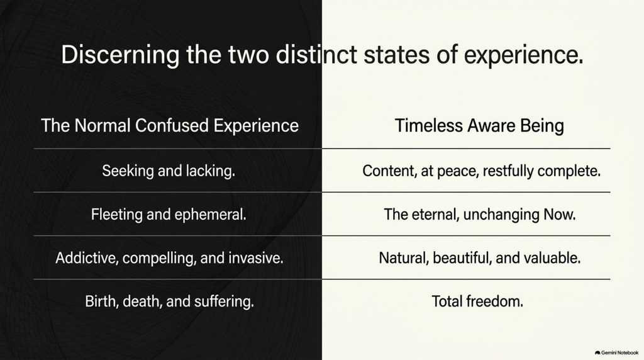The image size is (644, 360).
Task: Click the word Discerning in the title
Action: pos(120,55)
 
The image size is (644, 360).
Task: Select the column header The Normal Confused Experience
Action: pos(170,125)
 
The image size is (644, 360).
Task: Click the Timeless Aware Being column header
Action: pos(479,126)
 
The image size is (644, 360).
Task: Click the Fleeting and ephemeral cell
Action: pos(169,215)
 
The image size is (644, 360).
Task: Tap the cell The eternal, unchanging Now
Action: pos(480,215)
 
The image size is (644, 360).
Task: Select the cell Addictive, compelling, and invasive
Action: pos(170,258)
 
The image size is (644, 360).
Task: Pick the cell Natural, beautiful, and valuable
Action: pos(480,258)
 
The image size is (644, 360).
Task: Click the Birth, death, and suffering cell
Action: pos(170,301)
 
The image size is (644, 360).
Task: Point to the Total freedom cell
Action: pos(477,301)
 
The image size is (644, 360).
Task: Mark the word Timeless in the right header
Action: pos(429,125)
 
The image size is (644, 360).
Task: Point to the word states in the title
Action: pos(397,55)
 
